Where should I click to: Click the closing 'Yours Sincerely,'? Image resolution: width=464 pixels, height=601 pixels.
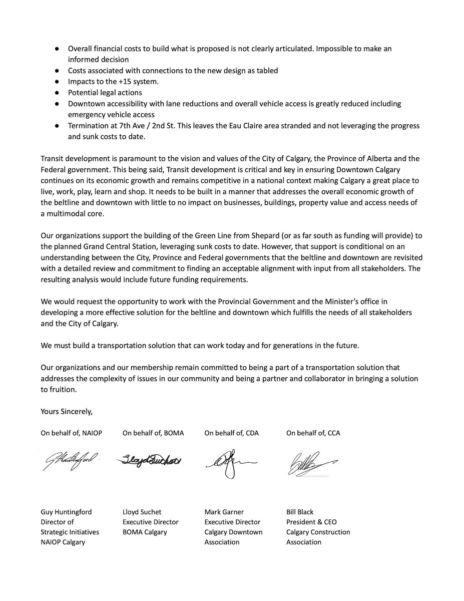tap(67, 412)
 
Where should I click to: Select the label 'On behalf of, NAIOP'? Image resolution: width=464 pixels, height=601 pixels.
tap(72, 433)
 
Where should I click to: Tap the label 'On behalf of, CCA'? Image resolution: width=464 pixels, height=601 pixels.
tap(313, 433)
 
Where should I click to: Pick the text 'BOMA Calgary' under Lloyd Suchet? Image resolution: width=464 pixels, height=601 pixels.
tap(146, 532)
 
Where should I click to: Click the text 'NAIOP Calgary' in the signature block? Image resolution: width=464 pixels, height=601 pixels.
tap(63, 542)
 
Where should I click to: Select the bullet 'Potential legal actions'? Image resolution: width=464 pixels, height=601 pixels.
tap(105, 93)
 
